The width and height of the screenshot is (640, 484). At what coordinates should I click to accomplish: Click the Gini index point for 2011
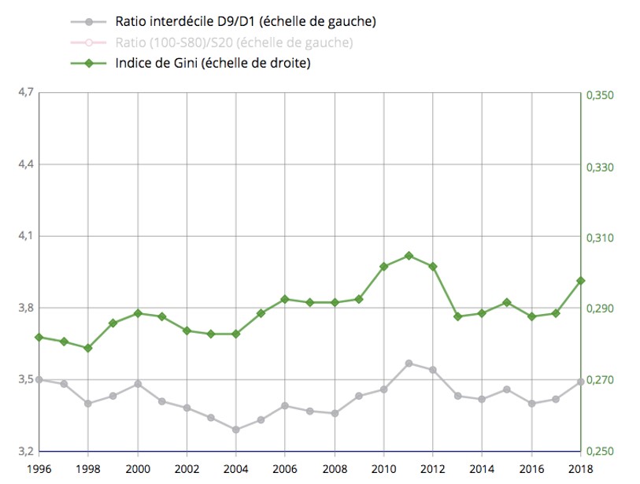409,255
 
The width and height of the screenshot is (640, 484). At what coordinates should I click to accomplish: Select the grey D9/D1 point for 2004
236,429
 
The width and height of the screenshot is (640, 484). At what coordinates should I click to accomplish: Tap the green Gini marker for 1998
88,348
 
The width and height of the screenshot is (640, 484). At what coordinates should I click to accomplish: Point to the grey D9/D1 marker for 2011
409,363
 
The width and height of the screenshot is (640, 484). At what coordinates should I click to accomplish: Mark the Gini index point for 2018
581,280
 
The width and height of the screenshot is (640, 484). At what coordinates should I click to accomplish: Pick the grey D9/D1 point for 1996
39,379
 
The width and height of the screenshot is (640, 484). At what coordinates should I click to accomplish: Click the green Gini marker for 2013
457,316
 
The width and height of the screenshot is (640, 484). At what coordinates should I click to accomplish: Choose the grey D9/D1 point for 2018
581,382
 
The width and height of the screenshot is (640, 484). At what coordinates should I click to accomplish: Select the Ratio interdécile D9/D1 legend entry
245,21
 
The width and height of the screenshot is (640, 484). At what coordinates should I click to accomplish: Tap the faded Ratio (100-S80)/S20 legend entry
233,42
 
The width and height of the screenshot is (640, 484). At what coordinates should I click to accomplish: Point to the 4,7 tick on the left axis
24,92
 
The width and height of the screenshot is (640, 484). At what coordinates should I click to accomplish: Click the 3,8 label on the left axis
24,308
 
